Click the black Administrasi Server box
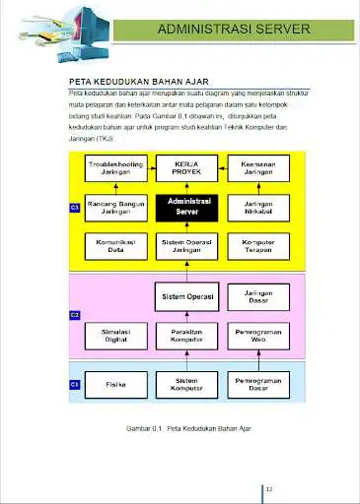[186, 206]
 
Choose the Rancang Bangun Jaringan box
[117, 206]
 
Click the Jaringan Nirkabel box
[257, 206]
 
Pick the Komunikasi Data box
[117, 245]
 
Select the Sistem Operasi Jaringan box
[186, 245]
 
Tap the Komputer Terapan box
[257, 245]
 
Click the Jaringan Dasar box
[257, 295]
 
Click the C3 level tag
[75, 208]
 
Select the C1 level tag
[75, 384]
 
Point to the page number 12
[269, 488]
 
